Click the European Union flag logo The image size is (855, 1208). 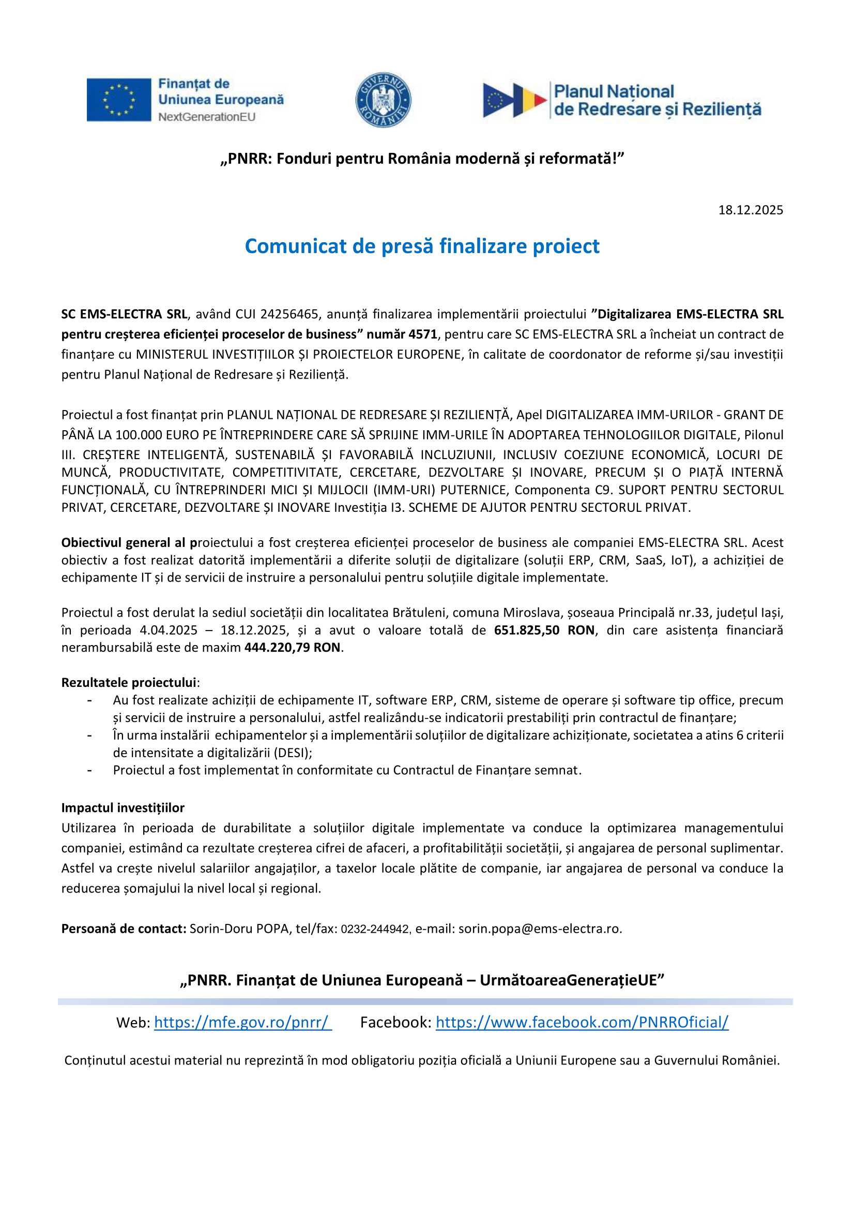click(x=119, y=100)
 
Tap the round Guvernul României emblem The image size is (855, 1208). click(x=383, y=100)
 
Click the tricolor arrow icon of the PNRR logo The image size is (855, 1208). click(x=514, y=100)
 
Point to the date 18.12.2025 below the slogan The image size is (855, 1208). click(x=750, y=210)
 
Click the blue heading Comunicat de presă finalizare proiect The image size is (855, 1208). click(x=422, y=246)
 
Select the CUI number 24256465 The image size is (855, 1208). click(x=289, y=314)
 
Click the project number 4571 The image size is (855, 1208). click(x=423, y=334)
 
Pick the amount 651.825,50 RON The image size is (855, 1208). click(x=545, y=630)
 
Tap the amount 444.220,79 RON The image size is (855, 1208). click(x=292, y=648)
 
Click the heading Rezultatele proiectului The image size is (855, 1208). click(x=129, y=683)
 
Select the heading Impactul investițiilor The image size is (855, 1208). click(x=123, y=808)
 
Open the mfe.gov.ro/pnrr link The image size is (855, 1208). click(x=243, y=1022)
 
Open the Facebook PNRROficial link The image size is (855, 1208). click(x=582, y=1022)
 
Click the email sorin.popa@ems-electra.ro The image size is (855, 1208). click(x=539, y=929)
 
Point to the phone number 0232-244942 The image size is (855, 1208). click(x=375, y=929)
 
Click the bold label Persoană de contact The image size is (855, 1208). click(x=124, y=929)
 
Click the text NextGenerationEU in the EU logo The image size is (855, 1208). click(x=207, y=117)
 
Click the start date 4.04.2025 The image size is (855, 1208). click(x=169, y=630)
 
